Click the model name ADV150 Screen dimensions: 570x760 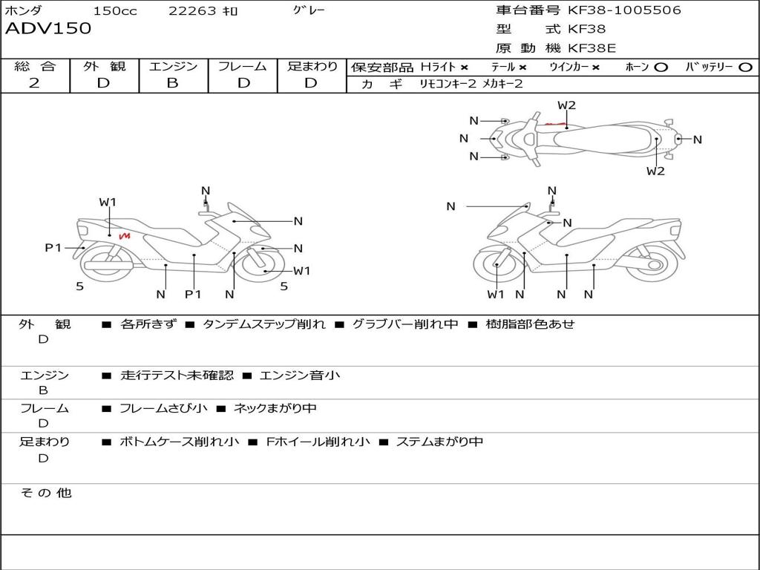point(48,29)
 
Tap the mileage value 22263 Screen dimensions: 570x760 point(192,11)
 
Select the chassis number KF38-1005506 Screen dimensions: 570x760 point(624,10)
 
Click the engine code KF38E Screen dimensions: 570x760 point(592,48)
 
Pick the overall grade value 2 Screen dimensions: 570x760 point(34,83)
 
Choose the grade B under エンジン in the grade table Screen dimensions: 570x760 point(172,83)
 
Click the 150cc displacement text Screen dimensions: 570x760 point(115,11)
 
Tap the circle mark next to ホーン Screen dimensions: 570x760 point(660,67)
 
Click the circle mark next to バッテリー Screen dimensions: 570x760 point(745,67)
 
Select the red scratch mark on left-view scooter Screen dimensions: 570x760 point(124,236)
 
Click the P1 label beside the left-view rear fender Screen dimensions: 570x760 point(53,248)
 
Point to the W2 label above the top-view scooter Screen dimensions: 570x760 point(566,105)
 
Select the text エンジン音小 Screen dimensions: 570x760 point(300,376)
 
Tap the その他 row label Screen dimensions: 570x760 point(45,493)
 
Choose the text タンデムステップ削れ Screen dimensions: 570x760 point(263,324)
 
